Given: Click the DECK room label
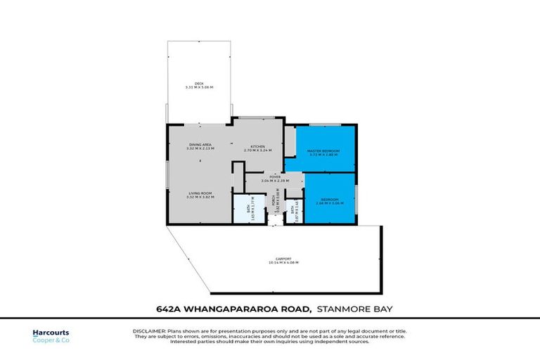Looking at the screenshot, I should pos(200,83).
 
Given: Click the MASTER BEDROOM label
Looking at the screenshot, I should pos(325,151).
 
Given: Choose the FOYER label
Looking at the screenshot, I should pos(266,176).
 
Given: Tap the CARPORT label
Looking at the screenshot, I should pos(283,258).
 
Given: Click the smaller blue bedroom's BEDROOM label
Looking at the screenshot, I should pos(329,200).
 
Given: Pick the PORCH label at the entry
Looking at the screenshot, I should pos(276,204).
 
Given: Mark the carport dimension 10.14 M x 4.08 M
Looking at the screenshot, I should pos(283,262).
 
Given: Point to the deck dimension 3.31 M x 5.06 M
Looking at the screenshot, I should pos(200,87).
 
